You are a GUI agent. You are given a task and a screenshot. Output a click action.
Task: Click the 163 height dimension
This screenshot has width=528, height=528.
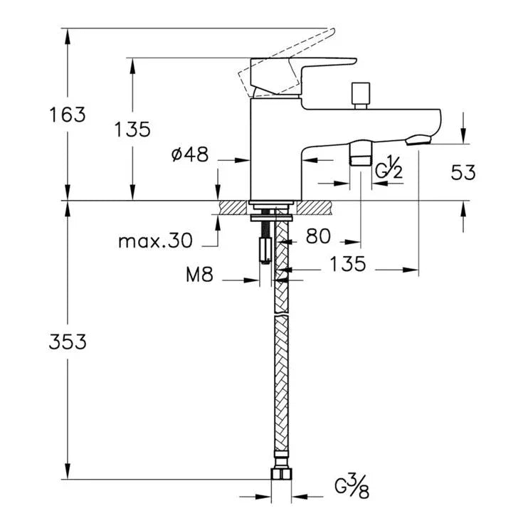click(x=68, y=115)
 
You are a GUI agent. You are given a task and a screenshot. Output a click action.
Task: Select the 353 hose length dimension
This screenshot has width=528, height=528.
click(x=68, y=342)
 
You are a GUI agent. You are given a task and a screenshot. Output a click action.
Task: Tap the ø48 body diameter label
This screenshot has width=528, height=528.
click(x=190, y=154)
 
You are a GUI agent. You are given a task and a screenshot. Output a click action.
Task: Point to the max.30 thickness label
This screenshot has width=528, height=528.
click(x=156, y=241)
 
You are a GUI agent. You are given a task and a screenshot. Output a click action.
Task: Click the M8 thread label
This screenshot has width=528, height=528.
click(x=200, y=274)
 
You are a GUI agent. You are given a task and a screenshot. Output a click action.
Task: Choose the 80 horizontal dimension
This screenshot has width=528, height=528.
click(x=318, y=236)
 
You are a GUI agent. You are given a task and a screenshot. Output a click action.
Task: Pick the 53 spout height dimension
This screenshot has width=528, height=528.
click(x=463, y=172)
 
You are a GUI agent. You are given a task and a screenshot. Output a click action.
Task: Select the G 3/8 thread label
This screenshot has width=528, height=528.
click(x=352, y=487)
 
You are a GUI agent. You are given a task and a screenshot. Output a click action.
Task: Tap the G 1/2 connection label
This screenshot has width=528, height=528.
click(x=389, y=167)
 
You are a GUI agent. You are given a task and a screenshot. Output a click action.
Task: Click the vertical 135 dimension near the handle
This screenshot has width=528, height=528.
click(x=132, y=130)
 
